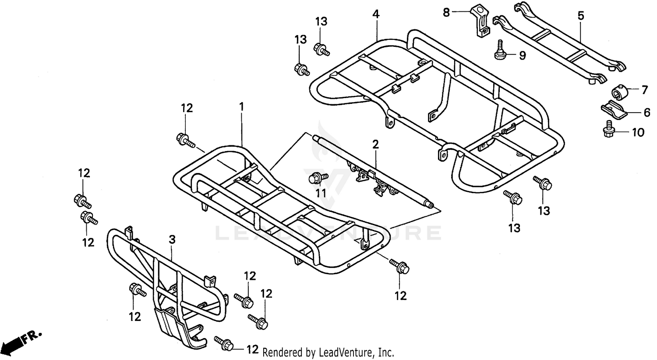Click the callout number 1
coord(241,107)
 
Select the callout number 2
coord(375,145)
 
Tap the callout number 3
coord(172,240)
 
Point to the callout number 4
coord(376,14)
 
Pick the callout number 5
coord(581,15)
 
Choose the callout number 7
coord(644,90)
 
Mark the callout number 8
coord(446,13)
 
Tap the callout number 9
coord(523,56)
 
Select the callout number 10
coord(638,133)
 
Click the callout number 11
coord(321,193)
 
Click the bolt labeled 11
coord(319,178)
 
